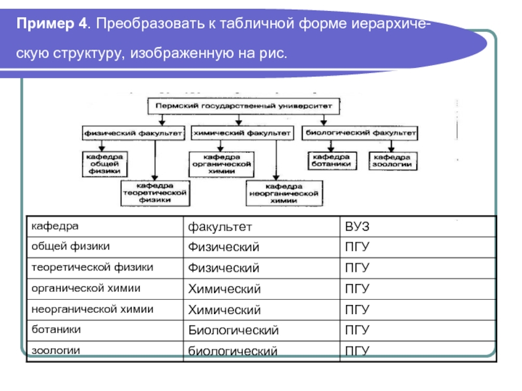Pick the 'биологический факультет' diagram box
(x=360, y=132)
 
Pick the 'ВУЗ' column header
(x=358, y=227)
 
